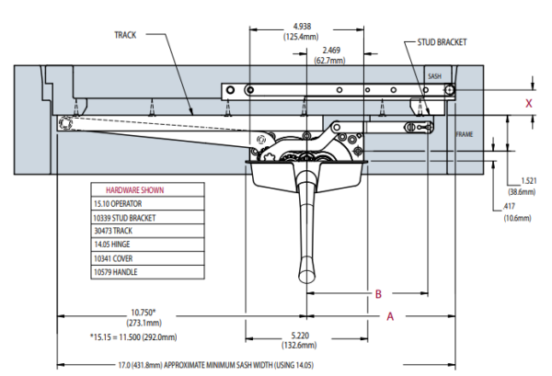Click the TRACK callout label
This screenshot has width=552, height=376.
(x=125, y=35)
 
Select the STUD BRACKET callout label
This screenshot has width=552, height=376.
(x=442, y=42)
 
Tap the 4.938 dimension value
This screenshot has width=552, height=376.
(x=302, y=27)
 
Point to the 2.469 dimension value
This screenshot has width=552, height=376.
(x=331, y=51)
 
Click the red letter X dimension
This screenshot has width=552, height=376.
(x=528, y=103)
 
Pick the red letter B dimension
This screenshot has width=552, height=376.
(x=378, y=294)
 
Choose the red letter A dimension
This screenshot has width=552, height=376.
(x=390, y=316)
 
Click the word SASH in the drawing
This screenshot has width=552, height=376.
(x=434, y=76)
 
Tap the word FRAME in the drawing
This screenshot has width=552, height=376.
(x=465, y=134)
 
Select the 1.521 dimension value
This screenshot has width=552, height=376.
(x=529, y=181)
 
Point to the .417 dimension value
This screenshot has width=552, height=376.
(x=509, y=207)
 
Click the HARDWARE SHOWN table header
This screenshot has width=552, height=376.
(x=135, y=190)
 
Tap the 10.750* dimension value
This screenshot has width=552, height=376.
(x=144, y=313)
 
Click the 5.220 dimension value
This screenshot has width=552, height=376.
(x=300, y=336)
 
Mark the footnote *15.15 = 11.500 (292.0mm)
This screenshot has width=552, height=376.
(x=133, y=337)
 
